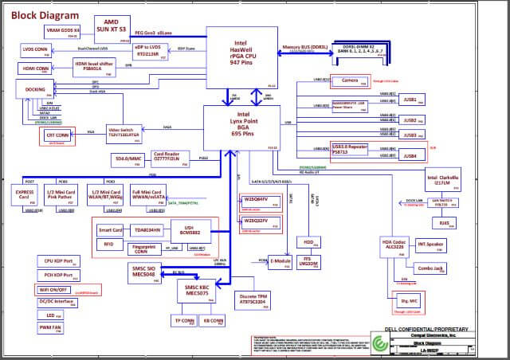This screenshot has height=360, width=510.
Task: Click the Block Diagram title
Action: tap(45, 15)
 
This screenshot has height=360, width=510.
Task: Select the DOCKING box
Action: tap(35, 88)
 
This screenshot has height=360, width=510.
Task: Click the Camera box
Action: tap(350, 80)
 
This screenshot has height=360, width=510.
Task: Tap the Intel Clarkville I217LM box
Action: tap(442, 181)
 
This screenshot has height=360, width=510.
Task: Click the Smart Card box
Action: tap(111, 230)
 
